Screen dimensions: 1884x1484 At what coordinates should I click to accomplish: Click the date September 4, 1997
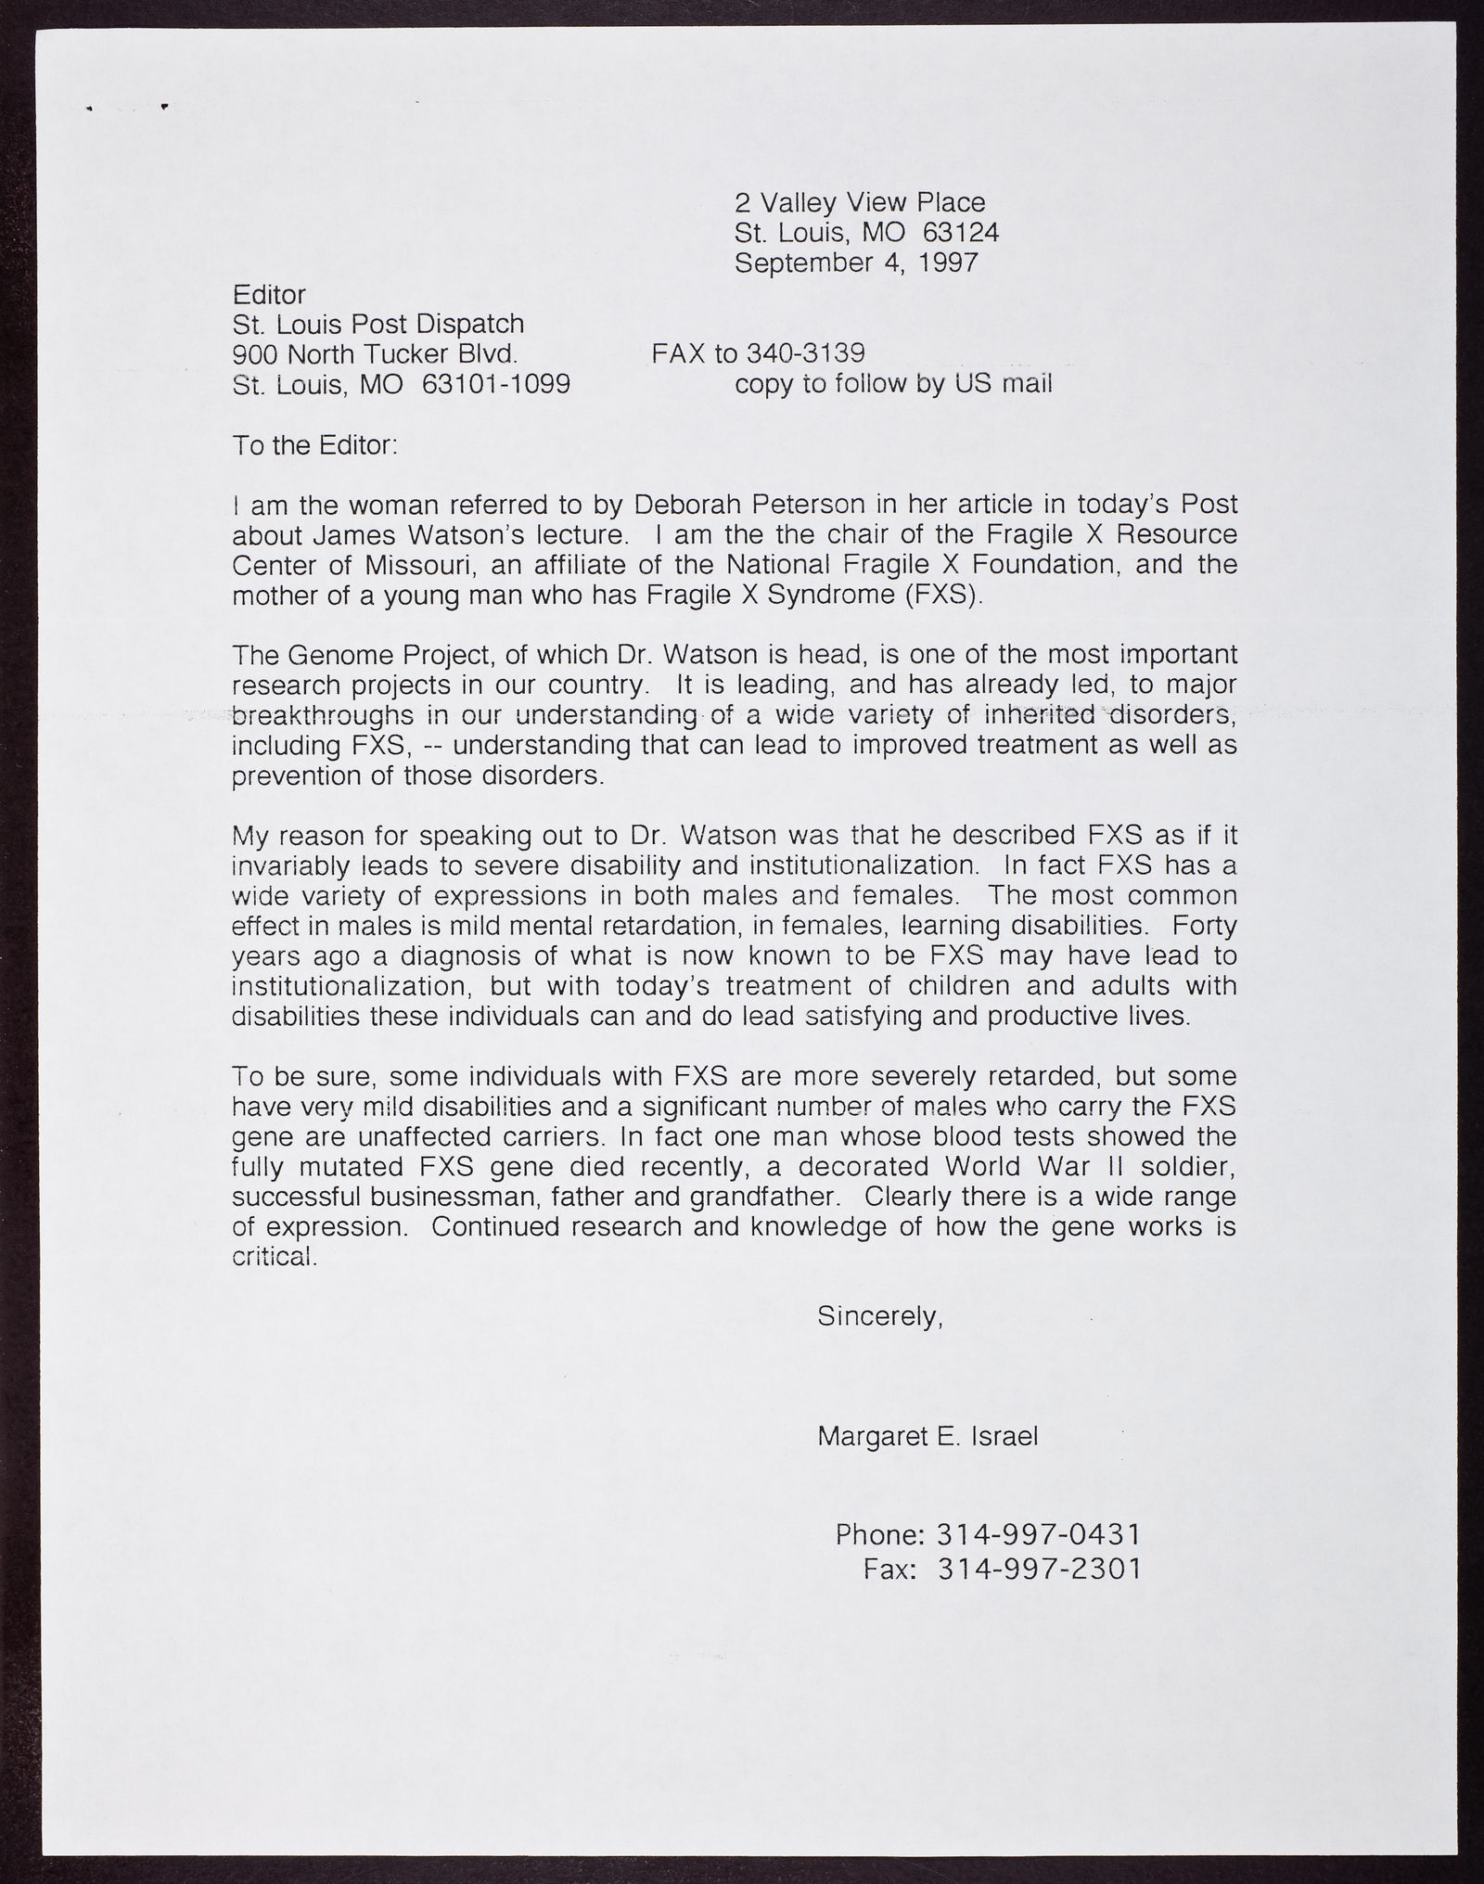pos(856,263)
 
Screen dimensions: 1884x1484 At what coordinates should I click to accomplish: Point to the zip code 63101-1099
pos(496,384)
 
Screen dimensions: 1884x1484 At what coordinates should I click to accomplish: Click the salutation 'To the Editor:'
pos(314,445)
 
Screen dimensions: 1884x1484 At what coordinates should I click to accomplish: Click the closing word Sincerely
pos(879,1315)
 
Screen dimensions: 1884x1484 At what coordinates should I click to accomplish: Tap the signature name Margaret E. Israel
pos(927,1437)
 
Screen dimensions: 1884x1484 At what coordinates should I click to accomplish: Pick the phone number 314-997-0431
pos(1039,1533)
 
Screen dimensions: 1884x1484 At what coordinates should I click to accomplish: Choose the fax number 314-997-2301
pos(1039,1569)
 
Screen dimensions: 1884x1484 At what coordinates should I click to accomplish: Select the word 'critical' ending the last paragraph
pos(274,1257)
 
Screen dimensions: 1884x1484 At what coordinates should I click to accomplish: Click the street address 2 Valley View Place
pos(860,202)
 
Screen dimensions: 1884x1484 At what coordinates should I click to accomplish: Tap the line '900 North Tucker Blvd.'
pos(375,353)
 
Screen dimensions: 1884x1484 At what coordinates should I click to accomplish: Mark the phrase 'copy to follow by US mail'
pos(893,384)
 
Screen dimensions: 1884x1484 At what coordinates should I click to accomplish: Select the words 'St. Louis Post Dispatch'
pos(377,324)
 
